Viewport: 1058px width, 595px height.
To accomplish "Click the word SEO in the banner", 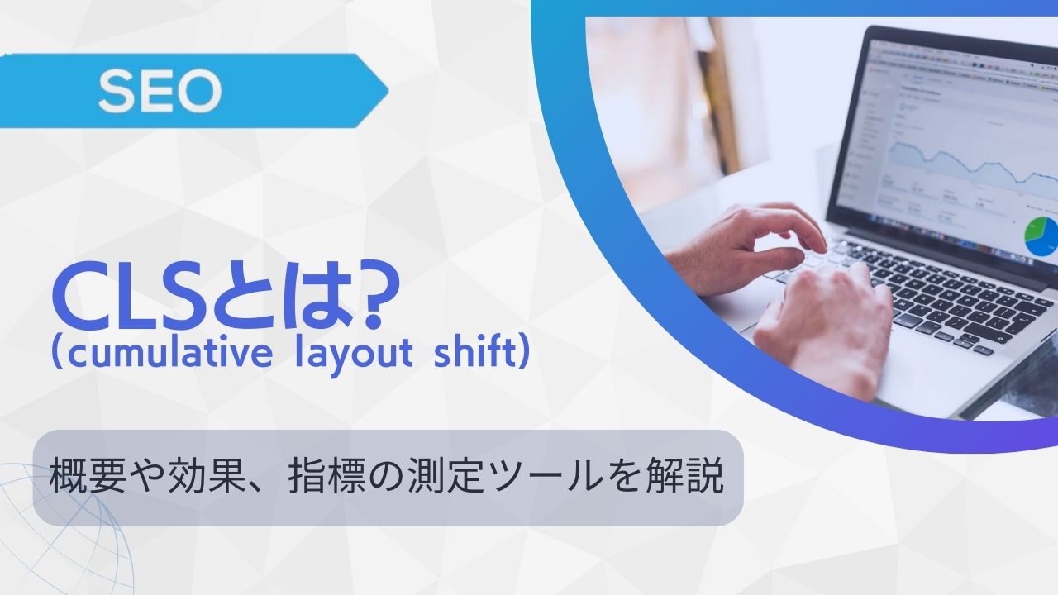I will pos(159,92).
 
